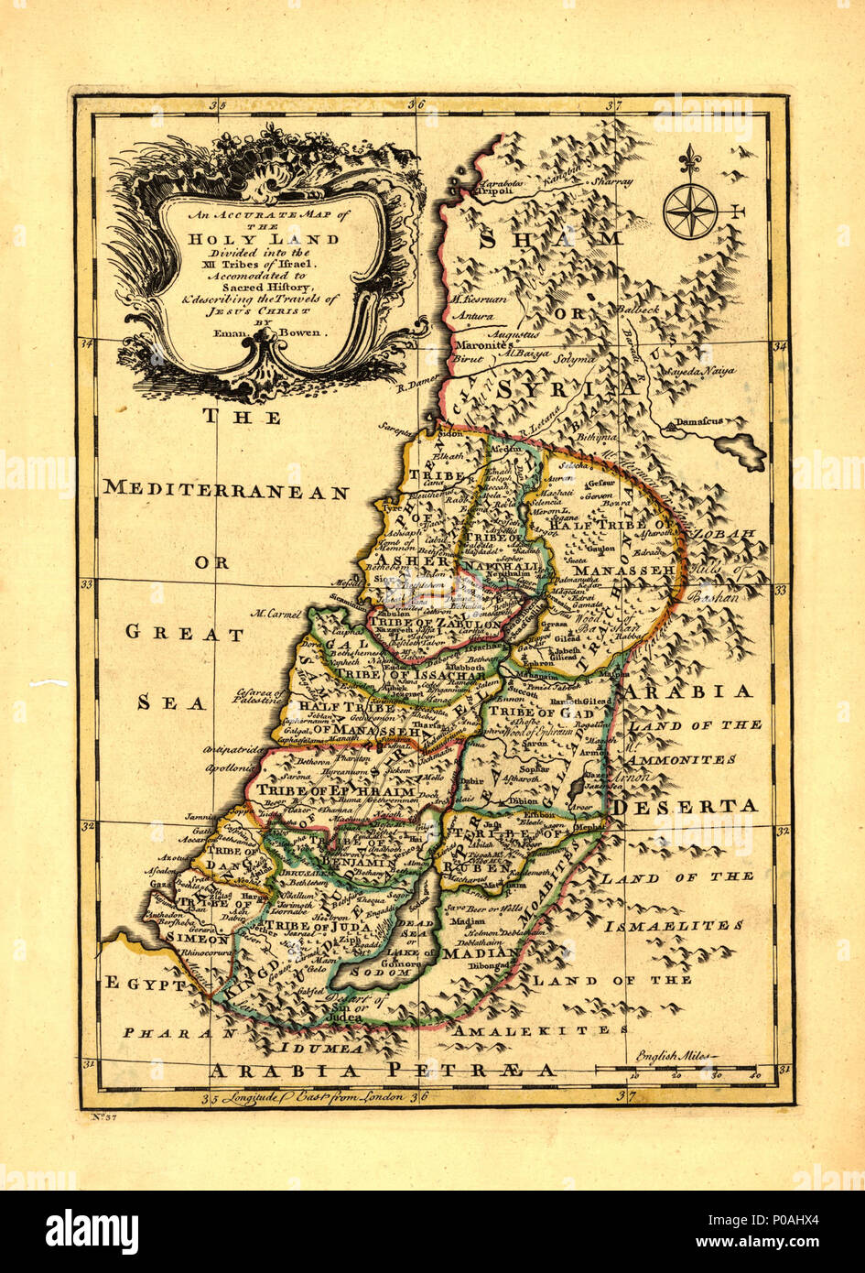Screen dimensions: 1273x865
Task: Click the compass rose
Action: pos(691,210)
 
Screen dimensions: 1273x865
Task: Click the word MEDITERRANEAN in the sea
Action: pos(226,491)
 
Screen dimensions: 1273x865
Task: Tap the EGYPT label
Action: pos(146,985)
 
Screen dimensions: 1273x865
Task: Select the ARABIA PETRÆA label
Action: pos(382,1070)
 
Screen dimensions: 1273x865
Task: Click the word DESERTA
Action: pos(686,807)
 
